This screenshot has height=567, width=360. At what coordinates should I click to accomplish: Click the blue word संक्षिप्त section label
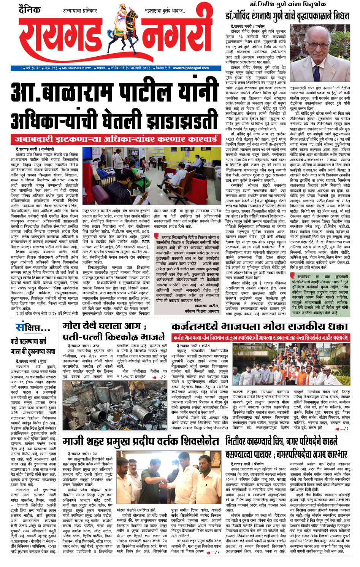(x=33, y=327)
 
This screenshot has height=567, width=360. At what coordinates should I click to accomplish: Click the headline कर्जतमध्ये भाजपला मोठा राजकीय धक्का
(x=259, y=326)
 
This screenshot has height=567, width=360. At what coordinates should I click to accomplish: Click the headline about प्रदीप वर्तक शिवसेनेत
(x=141, y=442)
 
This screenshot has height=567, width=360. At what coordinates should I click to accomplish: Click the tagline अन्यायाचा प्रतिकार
(x=80, y=11)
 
